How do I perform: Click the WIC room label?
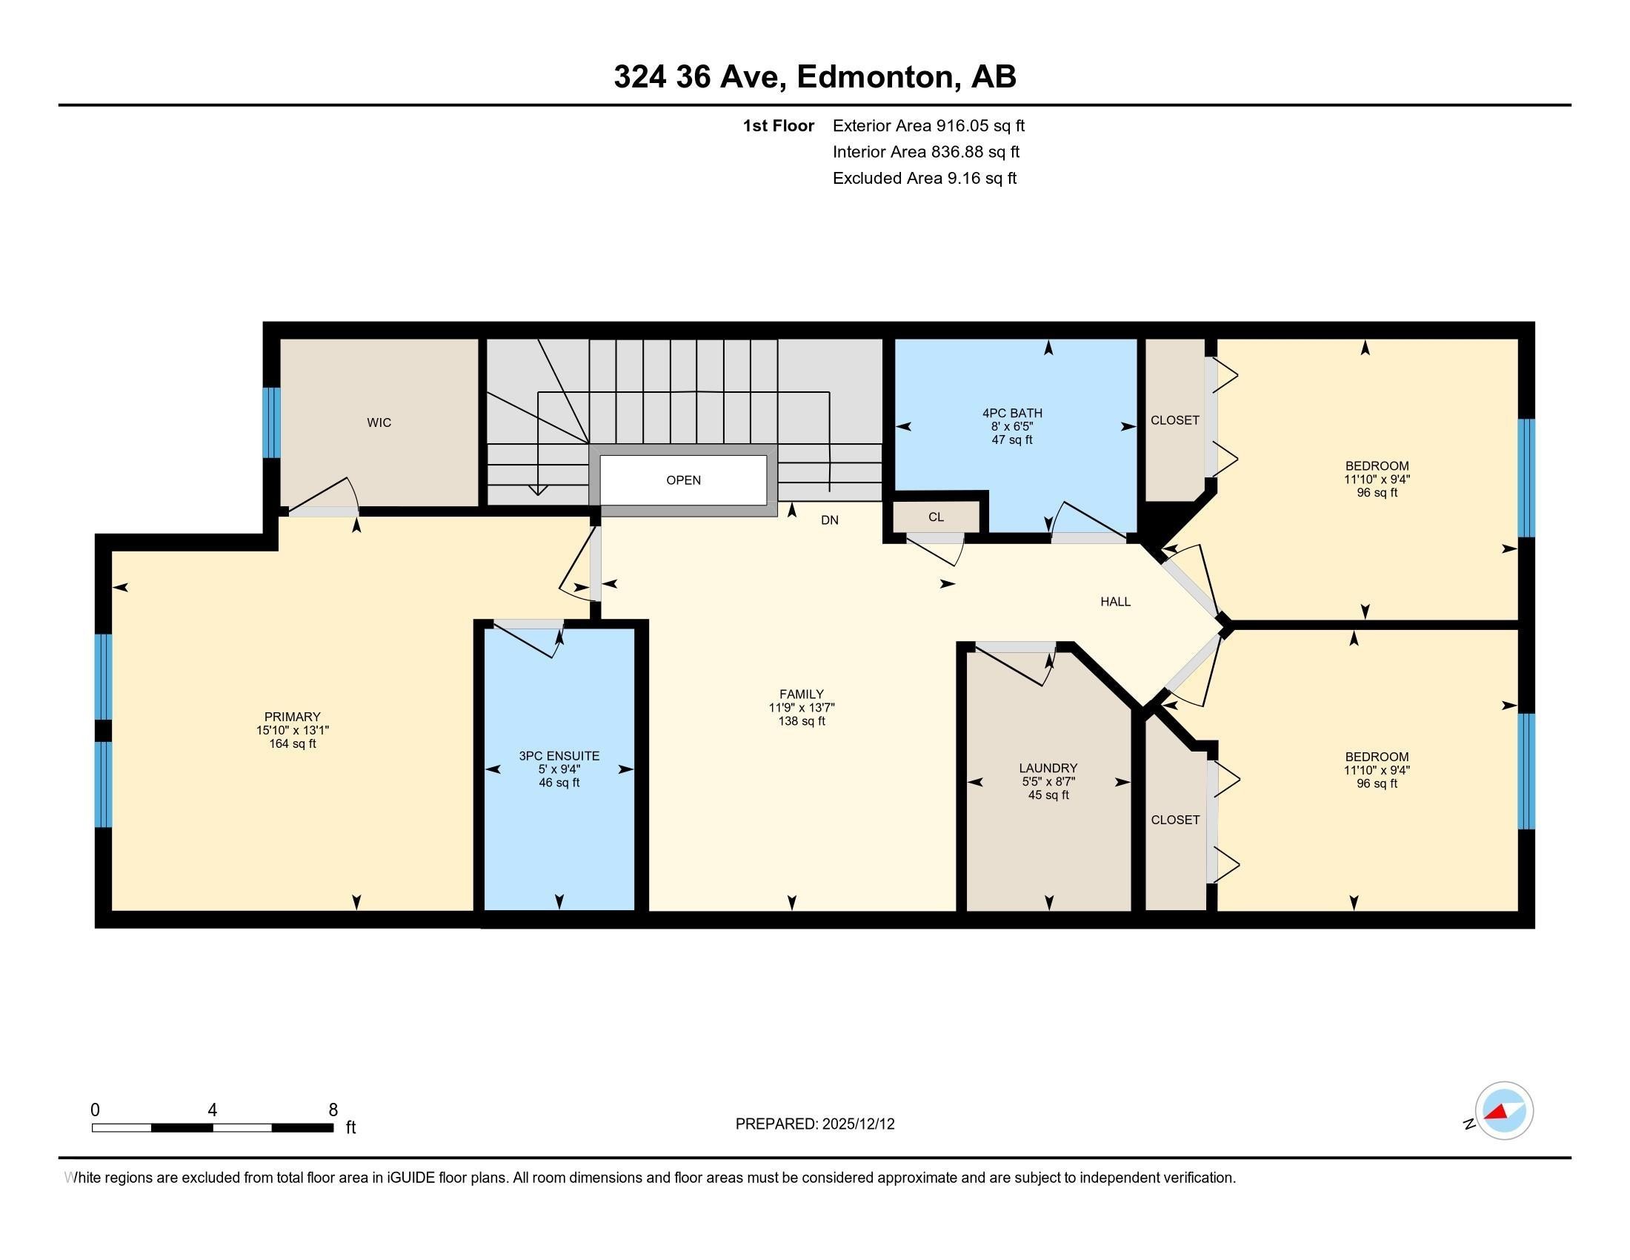point(379,422)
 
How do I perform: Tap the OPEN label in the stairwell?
point(684,480)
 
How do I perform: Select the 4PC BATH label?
point(1012,413)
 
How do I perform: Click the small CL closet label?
point(936,517)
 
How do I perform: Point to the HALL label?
point(1116,602)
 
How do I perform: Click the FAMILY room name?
point(802,694)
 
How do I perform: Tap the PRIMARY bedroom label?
point(292,717)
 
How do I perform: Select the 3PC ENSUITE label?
point(559,755)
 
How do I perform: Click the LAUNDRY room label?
point(1048,768)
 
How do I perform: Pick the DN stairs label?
point(830,520)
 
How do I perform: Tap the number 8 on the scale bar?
point(333,1110)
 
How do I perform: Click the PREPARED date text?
point(815,1124)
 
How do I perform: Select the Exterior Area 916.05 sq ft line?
point(928,125)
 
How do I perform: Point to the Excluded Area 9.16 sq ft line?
point(925,178)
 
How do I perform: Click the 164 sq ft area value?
point(293,743)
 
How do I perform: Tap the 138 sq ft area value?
point(802,721)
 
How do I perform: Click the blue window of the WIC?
point(272,422)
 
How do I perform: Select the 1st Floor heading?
point(779,125)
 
